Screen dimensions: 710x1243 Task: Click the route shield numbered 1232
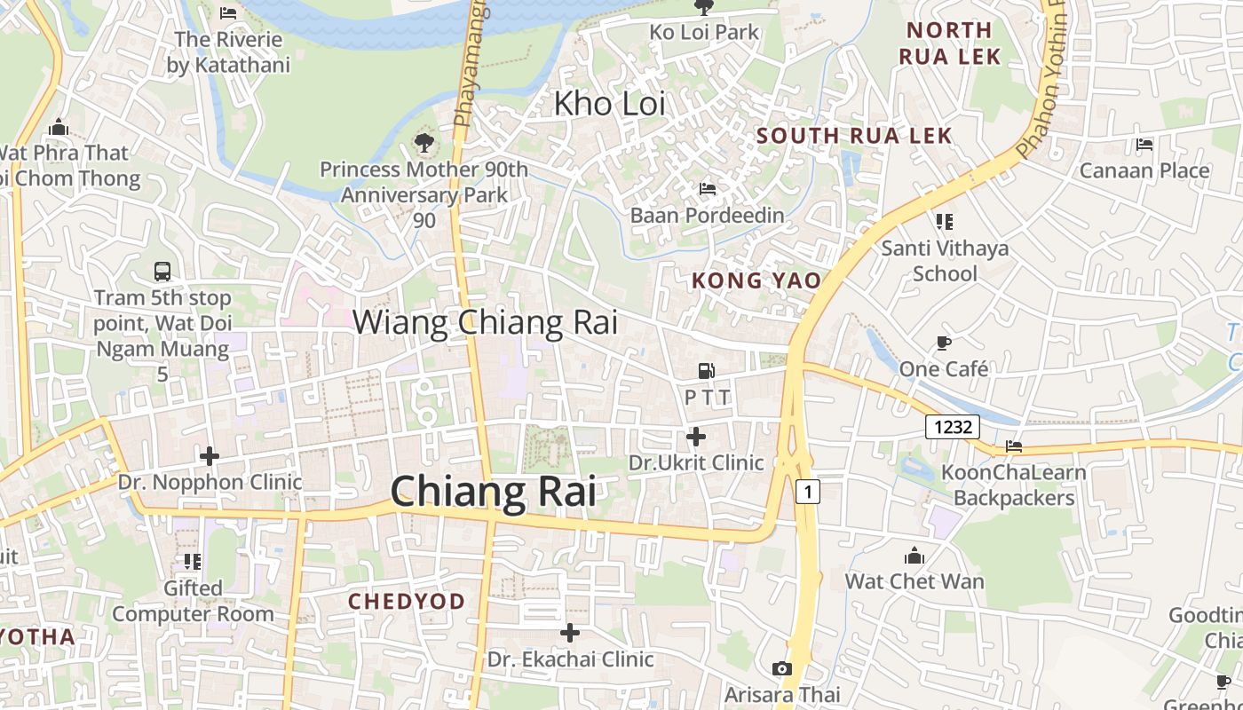(953, 427)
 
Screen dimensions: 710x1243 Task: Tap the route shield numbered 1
(807, 491)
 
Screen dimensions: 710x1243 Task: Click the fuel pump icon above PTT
(707, 371)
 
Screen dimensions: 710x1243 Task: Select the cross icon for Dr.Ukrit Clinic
(696, 437)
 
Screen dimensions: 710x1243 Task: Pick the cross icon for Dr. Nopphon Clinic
(210, 456)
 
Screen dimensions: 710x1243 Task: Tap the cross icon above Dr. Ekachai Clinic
(570, 633)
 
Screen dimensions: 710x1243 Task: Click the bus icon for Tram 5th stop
(162, 272)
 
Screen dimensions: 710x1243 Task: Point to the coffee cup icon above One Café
(943, 343)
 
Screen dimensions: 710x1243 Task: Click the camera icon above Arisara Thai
(782, 668)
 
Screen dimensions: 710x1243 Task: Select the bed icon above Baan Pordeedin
(708, 189)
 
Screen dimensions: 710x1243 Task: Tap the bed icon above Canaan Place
(1144, 144)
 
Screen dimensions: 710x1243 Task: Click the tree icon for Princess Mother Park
(424, 142)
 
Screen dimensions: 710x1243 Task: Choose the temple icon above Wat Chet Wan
(914, 556)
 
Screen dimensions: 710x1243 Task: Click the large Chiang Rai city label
(493, 491)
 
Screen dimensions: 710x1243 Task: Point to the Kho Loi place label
(609, 104)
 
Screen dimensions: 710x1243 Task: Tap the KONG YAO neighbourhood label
(756, 280)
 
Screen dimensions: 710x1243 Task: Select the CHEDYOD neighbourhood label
(407, 602)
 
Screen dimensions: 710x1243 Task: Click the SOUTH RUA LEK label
(854, 136)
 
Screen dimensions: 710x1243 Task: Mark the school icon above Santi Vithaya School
(944, 221)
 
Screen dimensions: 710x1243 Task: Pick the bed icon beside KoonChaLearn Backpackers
(1014, 446)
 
